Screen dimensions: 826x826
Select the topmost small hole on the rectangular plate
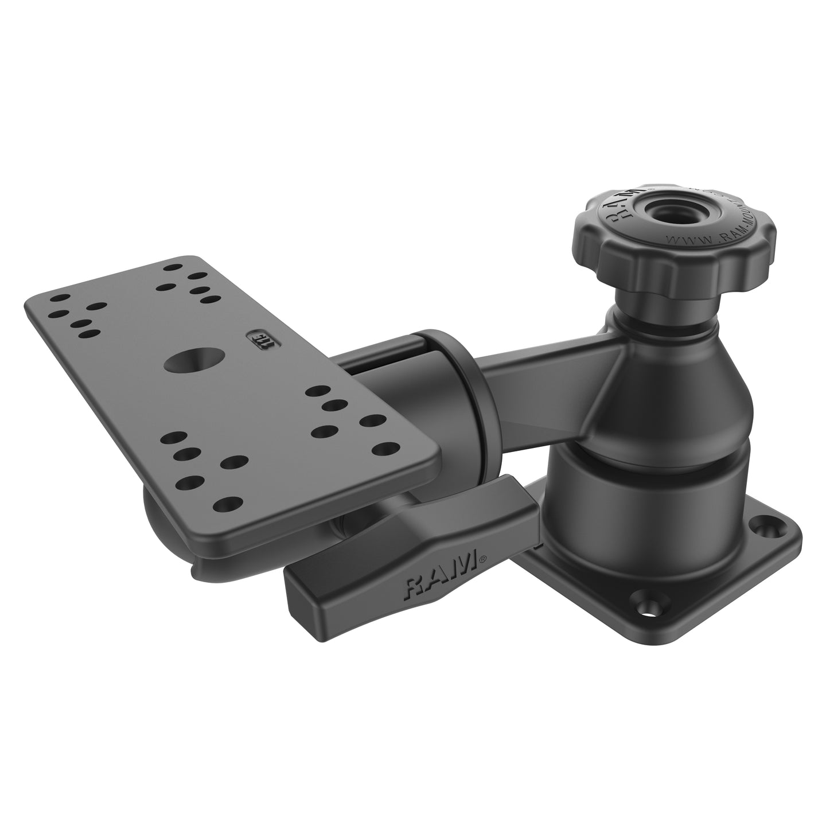pos(171,267)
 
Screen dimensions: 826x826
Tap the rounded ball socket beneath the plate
pos(161,505)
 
